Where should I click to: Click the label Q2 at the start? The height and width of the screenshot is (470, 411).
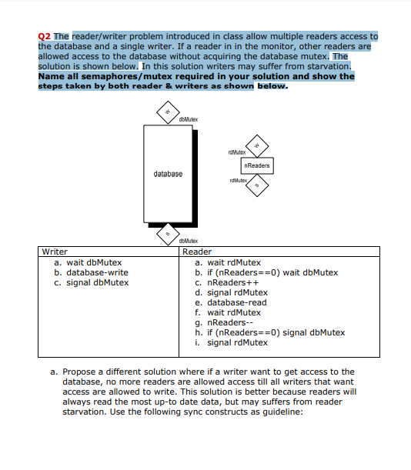tap(45, 36)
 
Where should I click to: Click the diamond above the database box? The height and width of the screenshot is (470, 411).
tap(166, 112)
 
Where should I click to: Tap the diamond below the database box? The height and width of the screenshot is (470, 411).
tap(166, 232)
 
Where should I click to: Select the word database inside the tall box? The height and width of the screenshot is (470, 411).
tap(168, 174)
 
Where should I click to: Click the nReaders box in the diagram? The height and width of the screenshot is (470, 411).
tap(256, 165)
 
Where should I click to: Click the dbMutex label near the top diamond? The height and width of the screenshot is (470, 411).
tap(188, 120)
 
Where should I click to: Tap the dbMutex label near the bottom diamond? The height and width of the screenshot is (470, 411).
tap(188, 242)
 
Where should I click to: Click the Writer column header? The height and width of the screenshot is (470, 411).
tap(55, 252)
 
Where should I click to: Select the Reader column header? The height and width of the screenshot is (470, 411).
tap(196, 252)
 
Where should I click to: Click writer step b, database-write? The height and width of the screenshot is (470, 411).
tap(91, 272)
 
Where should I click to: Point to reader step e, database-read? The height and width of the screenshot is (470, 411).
tap(231, 302)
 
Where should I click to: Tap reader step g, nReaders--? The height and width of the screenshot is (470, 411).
tap(223, 322)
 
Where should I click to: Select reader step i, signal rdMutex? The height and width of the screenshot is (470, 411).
tap(232, 342)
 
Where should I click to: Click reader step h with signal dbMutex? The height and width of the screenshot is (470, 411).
tap(270, 332)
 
